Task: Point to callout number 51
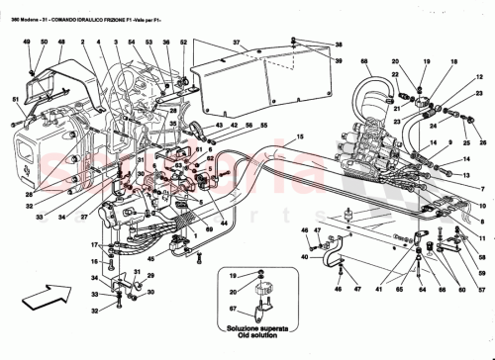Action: coord(16,99)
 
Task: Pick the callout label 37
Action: coord(237,44)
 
